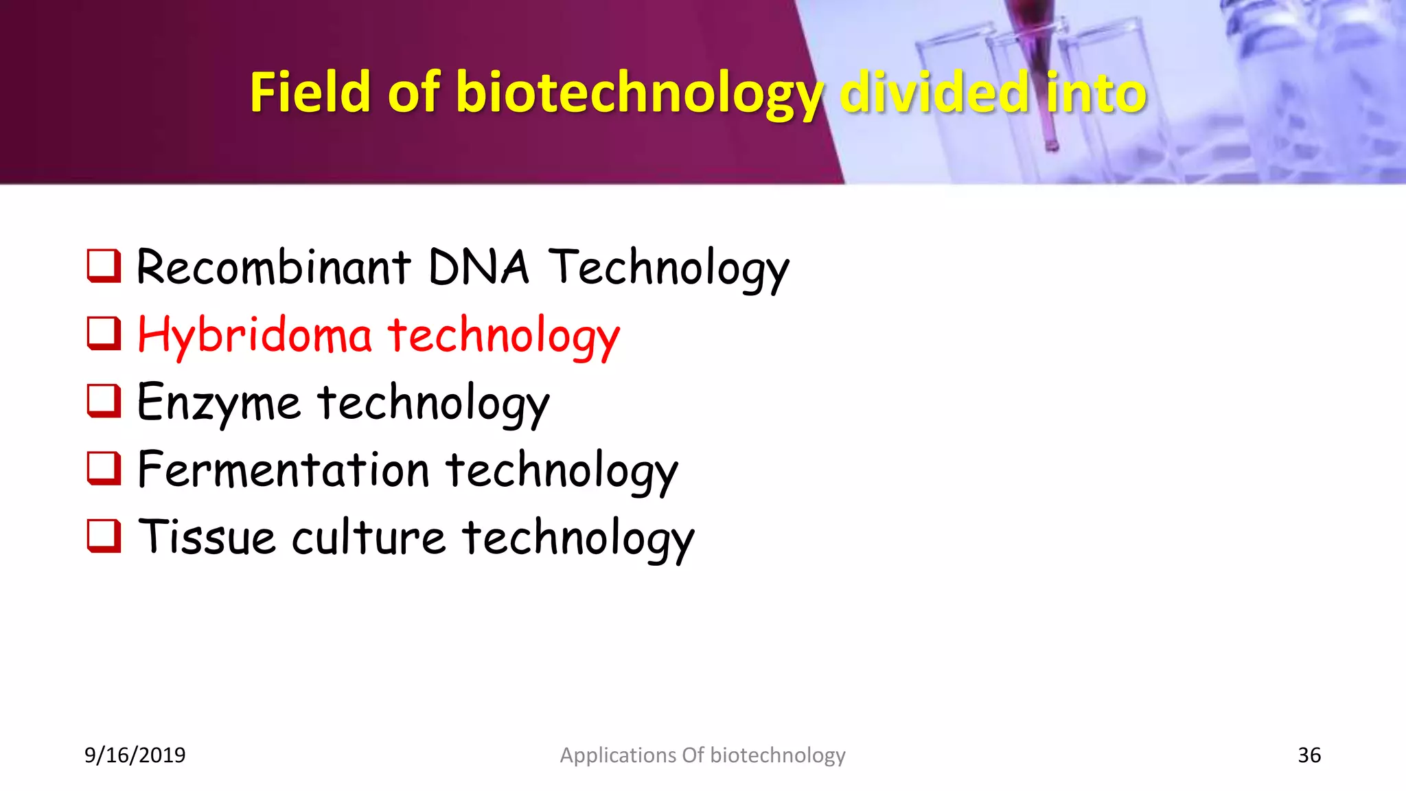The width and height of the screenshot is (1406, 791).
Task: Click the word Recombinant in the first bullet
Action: coord(273,268)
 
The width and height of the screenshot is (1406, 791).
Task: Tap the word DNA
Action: coord(479,268)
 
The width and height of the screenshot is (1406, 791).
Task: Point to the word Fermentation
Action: coord(283,471)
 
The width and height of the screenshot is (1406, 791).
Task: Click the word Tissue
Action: coord(207,538)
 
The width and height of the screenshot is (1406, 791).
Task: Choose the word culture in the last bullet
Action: coord(369,538)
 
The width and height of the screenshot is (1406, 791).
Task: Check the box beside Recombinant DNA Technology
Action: coord(104,266)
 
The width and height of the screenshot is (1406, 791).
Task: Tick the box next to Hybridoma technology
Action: coord(104,333)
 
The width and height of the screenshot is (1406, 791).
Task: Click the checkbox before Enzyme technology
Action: coord(104,400)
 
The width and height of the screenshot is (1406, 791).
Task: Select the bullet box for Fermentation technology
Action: coord(104,468)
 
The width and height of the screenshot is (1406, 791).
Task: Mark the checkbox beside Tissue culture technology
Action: coord(104,535)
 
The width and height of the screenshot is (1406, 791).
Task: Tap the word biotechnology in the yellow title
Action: coord(638,93)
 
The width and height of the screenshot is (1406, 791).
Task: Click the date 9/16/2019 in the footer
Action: coord(135,755)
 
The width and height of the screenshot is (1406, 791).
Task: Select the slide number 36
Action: coord(1309,755)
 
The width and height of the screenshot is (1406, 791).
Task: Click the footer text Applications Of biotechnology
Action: coord(702,755)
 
